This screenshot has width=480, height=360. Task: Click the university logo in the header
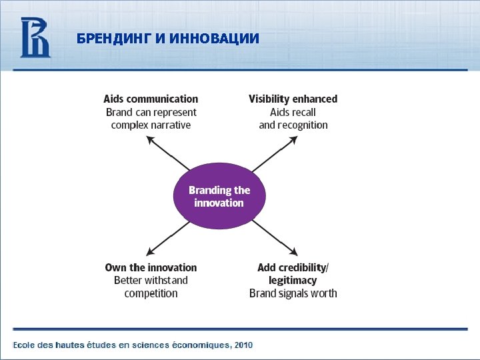[x=35, y=37]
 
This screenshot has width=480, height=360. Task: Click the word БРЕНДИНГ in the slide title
[x=113, y=39]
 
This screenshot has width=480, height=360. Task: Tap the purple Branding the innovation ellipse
[x=219, y=196]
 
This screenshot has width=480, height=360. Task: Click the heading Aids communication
[x=151, y=99]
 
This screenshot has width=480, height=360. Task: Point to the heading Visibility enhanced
[x=293, y=99]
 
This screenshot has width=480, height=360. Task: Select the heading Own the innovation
[x=151, y=267]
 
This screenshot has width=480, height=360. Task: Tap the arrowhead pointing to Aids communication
[x=150, y=139]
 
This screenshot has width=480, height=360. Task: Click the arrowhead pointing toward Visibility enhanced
[x=294, y=139]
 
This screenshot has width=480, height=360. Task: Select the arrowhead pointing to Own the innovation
[x=151, y=251]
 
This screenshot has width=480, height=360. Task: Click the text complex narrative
[x=151, y=125]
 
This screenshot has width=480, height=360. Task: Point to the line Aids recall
[x=293, y=112]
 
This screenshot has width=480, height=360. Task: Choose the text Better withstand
[x=151, y=280]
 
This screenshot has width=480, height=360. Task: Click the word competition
[x=151, y=293]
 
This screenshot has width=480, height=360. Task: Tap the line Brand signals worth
[x=293, y=293]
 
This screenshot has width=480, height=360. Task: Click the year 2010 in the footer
[x=243, y=345]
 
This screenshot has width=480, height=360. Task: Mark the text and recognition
[x=293, y=125]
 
